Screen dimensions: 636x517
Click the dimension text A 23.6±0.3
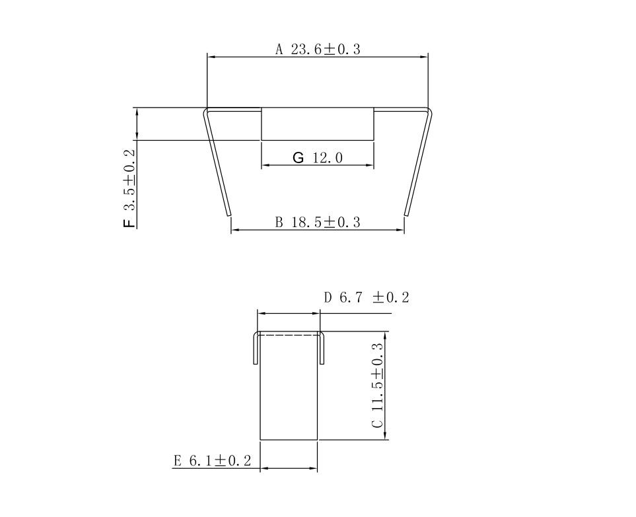[318, 50]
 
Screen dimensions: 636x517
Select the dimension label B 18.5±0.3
[318, 223]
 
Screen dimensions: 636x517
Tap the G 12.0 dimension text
[318, 157]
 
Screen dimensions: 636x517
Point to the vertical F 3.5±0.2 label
[129, 189]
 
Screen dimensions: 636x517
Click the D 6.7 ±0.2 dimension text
[367, 298]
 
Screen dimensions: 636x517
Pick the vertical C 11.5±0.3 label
[377, 386]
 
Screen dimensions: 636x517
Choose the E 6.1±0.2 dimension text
[213, 461]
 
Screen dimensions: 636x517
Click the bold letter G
[298, 157]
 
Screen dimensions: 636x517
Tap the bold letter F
[129, 223]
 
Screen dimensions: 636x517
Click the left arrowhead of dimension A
[211, 57]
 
